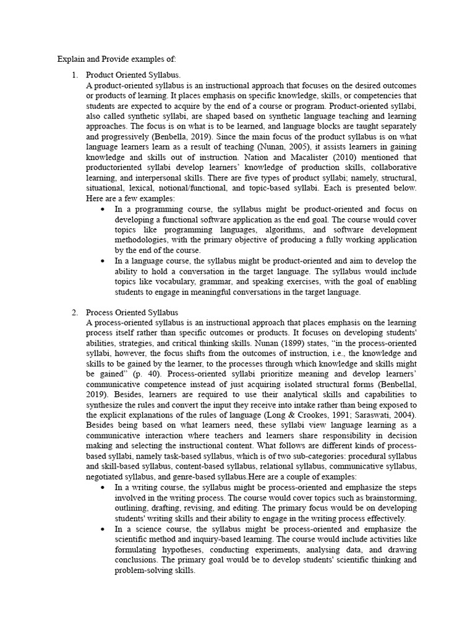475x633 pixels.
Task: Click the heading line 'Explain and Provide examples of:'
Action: coord(117,59)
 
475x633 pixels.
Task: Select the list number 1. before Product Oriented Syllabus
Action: coord(74,75)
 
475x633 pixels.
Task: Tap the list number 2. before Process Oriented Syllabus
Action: coord(74,312)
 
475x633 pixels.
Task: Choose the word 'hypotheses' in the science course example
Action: coord(175,550)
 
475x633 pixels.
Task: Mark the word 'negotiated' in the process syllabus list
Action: coord(105,477)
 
